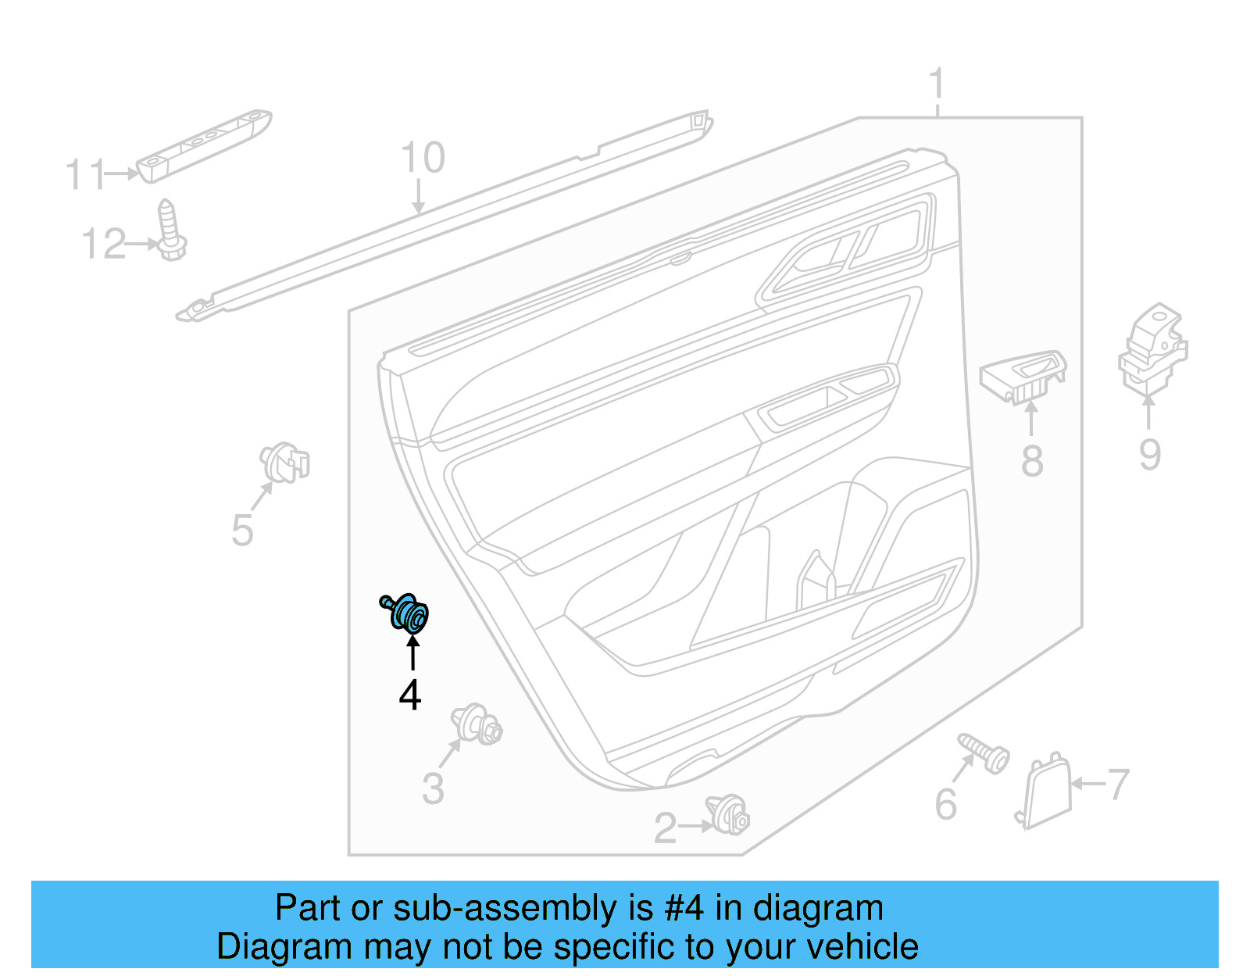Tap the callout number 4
tap(410, 695)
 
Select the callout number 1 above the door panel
tap(937, 84)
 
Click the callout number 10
tap(423, 158)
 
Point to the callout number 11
tap(84, 175)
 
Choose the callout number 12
tap(103, 245)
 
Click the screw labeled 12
tap(170, 231)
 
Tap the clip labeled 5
tap(285, 463)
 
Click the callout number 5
tap(242, 531)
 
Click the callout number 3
tap(433, 788)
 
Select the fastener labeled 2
tap(728, 815)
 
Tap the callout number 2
tap(665, 829)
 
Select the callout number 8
tap(1032, 460)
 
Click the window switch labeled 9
tap(1152, 349)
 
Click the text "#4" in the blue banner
tap(684, 909)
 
